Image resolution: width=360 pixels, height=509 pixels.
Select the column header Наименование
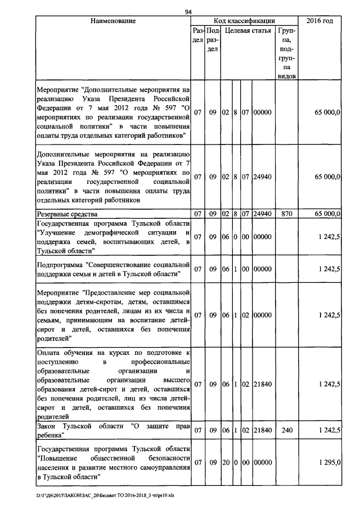[113, 21]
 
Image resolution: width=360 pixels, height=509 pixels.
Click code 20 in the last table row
[225, 462]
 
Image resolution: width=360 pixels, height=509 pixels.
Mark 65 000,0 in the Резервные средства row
[327, 214]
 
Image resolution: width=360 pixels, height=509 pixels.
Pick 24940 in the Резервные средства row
[262, 214]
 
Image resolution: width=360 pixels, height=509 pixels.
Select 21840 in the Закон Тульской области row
[262, 430]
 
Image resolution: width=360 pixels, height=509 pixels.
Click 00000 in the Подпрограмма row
[262, 269]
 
